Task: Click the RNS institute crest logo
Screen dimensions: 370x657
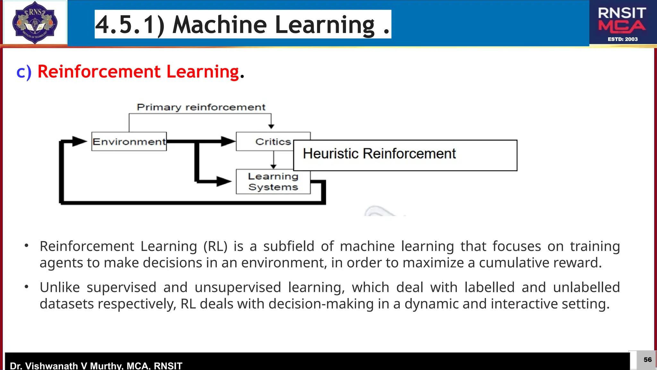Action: [35, 22]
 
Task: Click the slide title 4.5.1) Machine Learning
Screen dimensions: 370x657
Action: [243, 24]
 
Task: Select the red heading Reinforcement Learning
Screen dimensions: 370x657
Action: [138, 71]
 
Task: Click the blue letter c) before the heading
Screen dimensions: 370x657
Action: [24, 72]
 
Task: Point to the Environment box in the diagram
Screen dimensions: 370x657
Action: [129, 141]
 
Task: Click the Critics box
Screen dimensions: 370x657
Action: [273, 141]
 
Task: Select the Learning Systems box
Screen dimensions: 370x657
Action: [273, 182]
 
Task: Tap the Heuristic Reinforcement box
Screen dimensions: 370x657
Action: [405, 155]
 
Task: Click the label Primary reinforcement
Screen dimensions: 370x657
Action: [201, 107]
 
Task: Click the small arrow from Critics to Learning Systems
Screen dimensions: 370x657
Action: [273, 160]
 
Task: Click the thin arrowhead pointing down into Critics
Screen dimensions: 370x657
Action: [271, 127]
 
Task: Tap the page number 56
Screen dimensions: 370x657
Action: [647, 360]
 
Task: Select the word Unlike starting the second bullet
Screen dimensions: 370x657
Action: [60, 287]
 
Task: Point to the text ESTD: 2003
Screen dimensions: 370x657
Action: [622, 39]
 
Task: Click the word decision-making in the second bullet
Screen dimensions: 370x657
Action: [321, 304]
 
